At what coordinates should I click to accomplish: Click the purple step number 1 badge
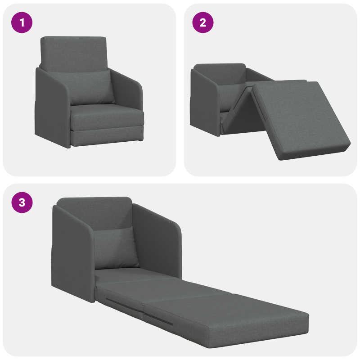pos(22,23)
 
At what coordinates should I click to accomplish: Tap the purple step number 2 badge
pos(202,23)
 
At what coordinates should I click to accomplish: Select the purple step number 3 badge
pos(22,203)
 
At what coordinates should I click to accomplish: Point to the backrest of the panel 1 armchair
pos(74,52)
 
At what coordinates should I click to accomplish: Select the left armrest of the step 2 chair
pos(205,101)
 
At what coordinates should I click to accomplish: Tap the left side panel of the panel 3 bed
pos(72,252)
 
